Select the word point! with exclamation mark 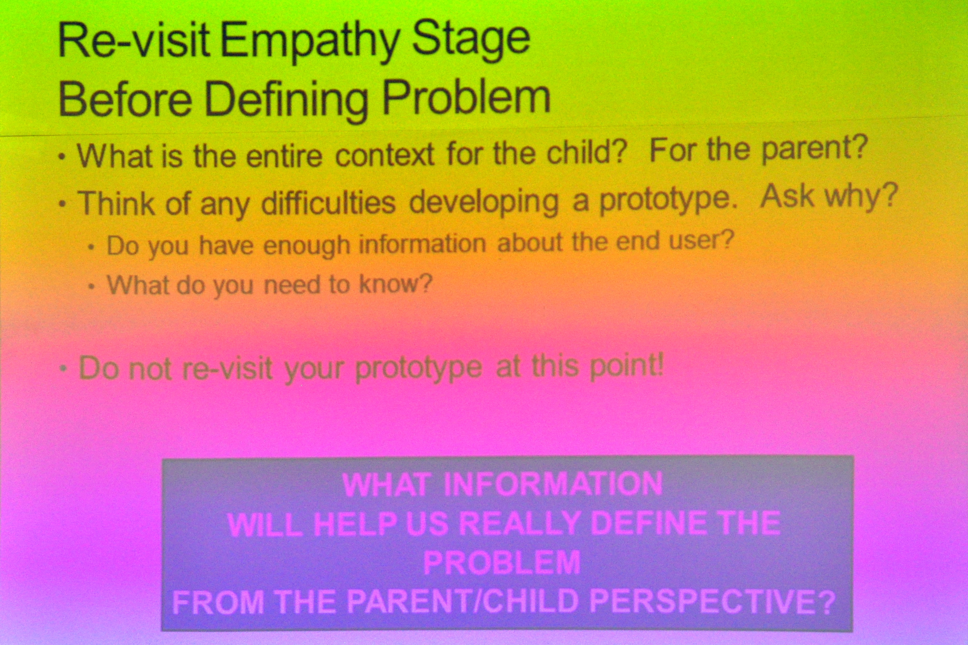tap(627, 366)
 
